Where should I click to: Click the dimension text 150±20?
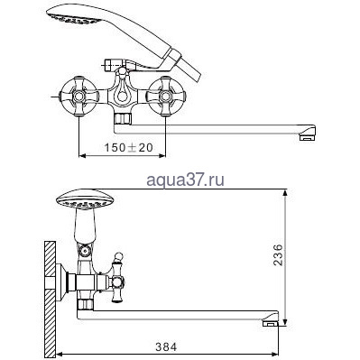(128, 147)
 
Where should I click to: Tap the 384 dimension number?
(166, 346)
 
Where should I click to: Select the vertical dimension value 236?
(278, 255)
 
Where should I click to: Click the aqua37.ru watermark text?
(185, 180)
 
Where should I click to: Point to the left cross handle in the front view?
(78, 97)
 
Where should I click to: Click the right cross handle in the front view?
(166, 97)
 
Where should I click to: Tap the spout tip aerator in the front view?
(307, 138)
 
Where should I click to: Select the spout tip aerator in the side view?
(271, 323)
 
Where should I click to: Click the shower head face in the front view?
(74, 18)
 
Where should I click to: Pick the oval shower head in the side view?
(85, 199)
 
